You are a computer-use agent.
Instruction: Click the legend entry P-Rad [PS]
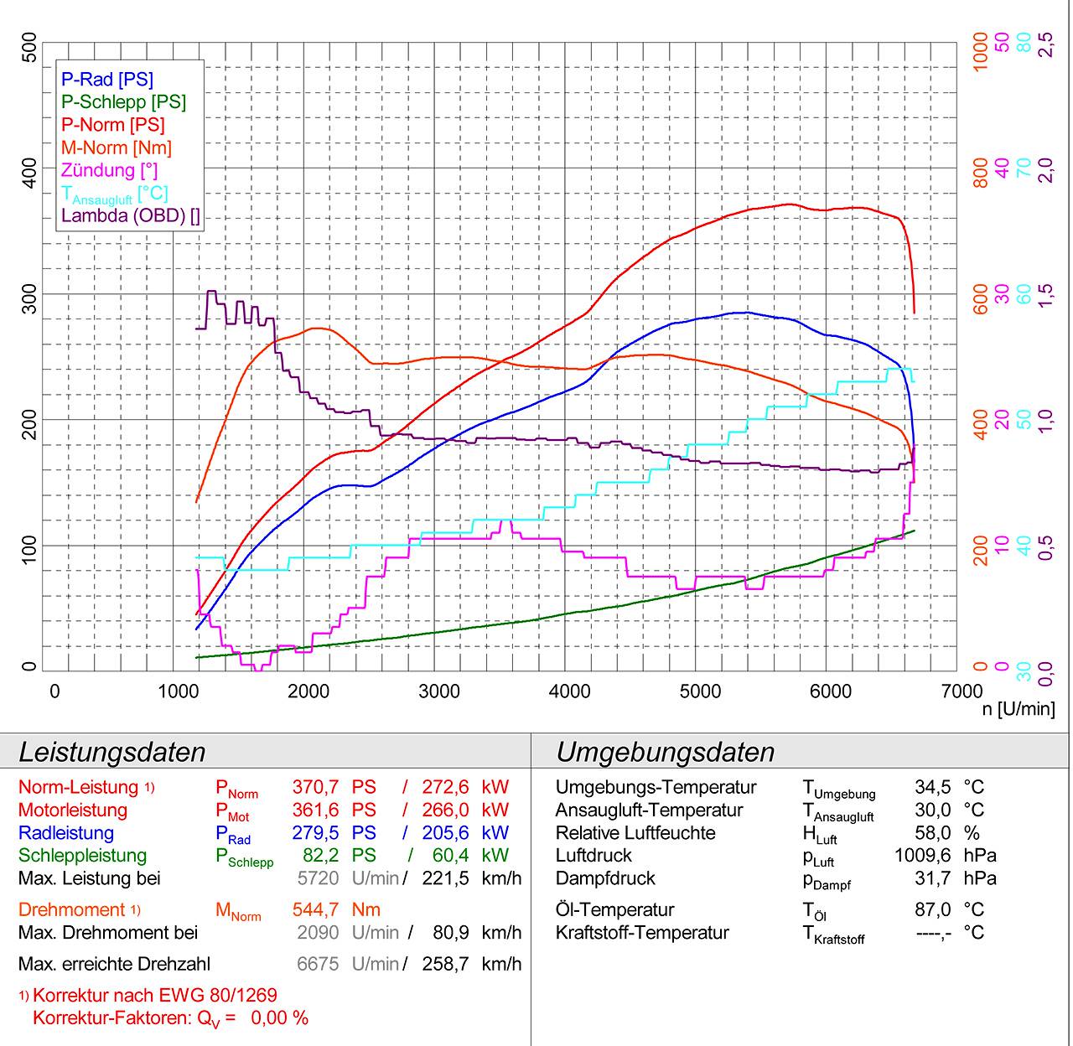(x=107, y=80)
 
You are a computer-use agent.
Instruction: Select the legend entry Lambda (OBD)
(x=131, y=216)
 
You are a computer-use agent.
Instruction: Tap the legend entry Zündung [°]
(x=110, y=170)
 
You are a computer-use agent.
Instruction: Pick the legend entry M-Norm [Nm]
(x=116, y=148)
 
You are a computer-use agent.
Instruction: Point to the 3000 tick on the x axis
(x=439, y=691)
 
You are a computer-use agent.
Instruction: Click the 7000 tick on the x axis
(x=961, y=691)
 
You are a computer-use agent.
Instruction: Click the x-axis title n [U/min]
(x=1019, y=709)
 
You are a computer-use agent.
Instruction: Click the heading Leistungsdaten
(x=111, y=752)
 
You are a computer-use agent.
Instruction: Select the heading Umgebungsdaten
(x=665, y=752)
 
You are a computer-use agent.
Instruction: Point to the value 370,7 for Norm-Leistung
(x=315, y=788)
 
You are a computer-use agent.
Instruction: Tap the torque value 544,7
(x=315, y=910)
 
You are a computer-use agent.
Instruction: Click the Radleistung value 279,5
(x=315, y=833)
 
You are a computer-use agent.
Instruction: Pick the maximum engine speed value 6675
(x=318, y=964)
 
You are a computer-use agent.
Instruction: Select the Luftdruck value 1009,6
(x=922, y=856)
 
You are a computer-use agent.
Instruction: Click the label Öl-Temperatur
(x=614, y=910)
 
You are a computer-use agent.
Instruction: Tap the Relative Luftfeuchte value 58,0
(x=933, y=833)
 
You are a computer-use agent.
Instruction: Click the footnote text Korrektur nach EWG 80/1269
(x=154, y=996)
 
